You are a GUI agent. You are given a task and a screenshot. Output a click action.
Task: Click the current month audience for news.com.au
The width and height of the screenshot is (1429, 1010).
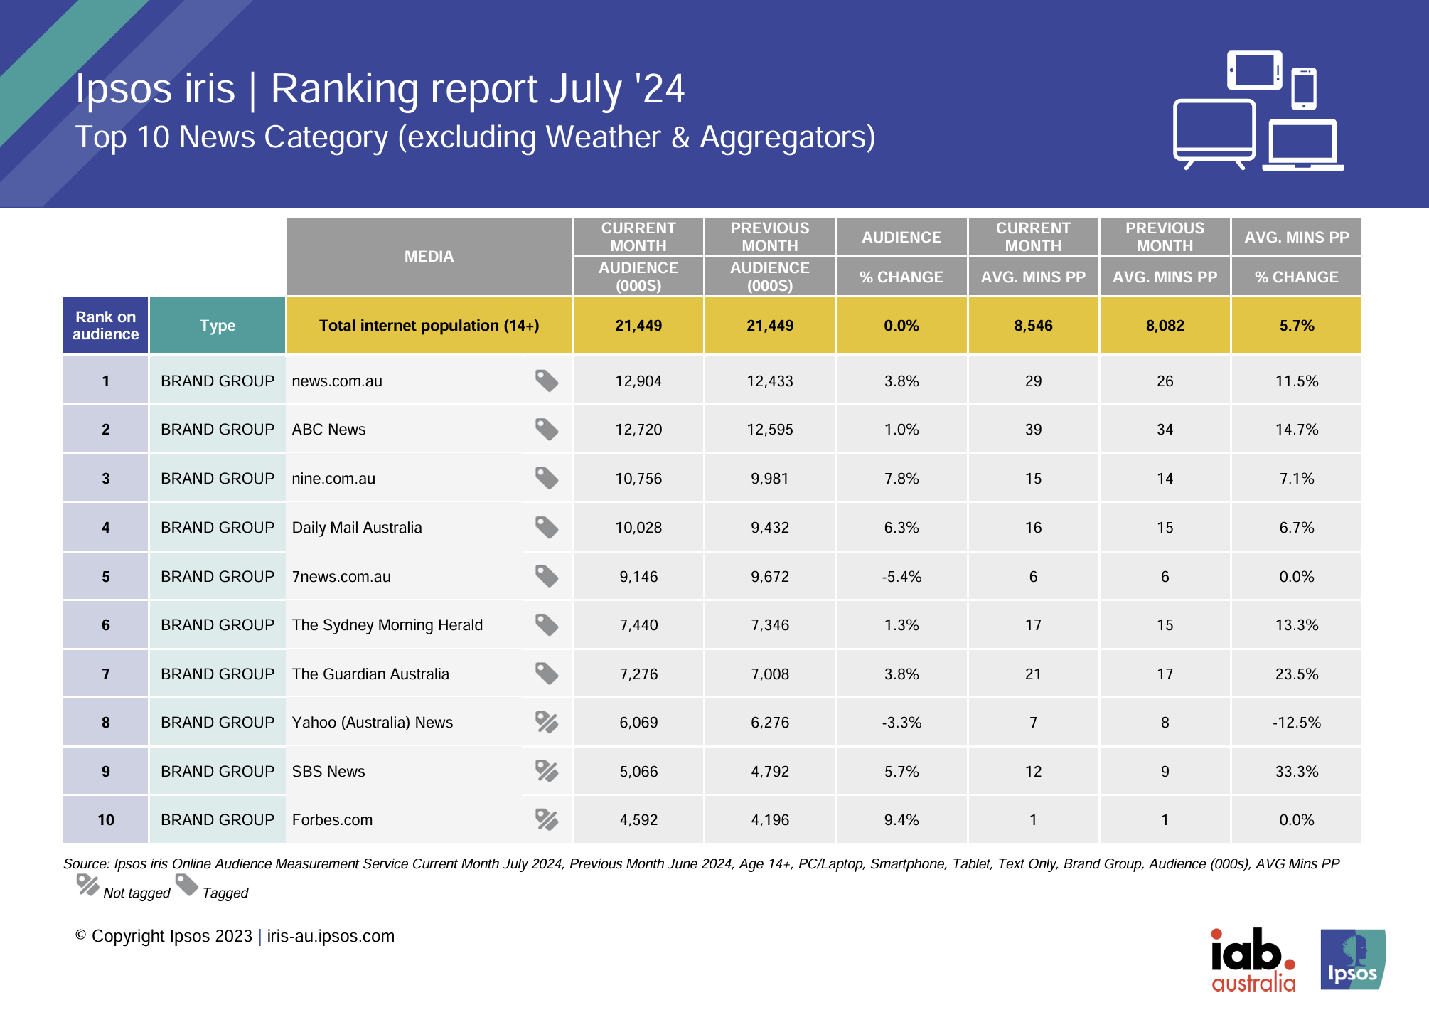click(x=638, y=381)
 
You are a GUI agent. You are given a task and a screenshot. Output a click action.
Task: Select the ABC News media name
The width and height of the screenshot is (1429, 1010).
click(x=328, y=430)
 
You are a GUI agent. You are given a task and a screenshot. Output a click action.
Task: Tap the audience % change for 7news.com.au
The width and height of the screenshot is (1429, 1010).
click(x=901, y=577)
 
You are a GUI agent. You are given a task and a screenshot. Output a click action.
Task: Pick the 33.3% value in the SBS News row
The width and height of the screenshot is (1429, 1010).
click(x=1296, y=772)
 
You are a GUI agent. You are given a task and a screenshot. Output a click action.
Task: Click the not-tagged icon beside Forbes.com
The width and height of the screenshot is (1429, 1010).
click(x=546, y=819)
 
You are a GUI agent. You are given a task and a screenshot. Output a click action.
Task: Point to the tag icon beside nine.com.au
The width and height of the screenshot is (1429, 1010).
click(x=546, y=478)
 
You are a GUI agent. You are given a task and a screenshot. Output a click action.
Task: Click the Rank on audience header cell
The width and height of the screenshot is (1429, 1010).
click(x=105, y=326)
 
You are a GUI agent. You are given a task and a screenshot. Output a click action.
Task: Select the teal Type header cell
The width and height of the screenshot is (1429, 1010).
click(x=218, y=326)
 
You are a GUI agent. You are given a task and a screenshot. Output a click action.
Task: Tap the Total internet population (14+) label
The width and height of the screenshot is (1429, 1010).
click(x=429, y=326)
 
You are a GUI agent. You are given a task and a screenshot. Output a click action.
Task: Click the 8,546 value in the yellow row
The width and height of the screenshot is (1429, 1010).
click(x=1033, y=326)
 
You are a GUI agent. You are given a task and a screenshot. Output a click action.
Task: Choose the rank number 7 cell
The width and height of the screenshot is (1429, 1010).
click(x=105, y=674)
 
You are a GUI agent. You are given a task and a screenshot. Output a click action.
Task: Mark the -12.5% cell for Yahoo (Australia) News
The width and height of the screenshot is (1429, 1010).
click(x=1296, y=723)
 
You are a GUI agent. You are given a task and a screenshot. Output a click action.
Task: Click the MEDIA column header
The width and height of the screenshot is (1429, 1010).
click(x=429, y=257)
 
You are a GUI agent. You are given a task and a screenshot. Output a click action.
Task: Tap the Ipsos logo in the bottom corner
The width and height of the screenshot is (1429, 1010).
click(x=1352, y=960)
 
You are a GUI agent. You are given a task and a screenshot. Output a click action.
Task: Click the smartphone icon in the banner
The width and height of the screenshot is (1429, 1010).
click(x=1304, y=88)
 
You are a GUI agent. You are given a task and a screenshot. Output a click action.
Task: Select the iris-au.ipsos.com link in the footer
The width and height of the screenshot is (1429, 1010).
click(x=331, y=936)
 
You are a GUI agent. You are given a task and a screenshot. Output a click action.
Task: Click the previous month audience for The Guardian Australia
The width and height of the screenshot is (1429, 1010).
click(x=770, y=674)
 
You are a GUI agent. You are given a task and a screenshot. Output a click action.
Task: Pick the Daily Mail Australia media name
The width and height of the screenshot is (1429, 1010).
click(x=357, y=528)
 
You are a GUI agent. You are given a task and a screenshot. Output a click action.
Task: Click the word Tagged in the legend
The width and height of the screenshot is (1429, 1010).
click(x=225, y=893)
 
